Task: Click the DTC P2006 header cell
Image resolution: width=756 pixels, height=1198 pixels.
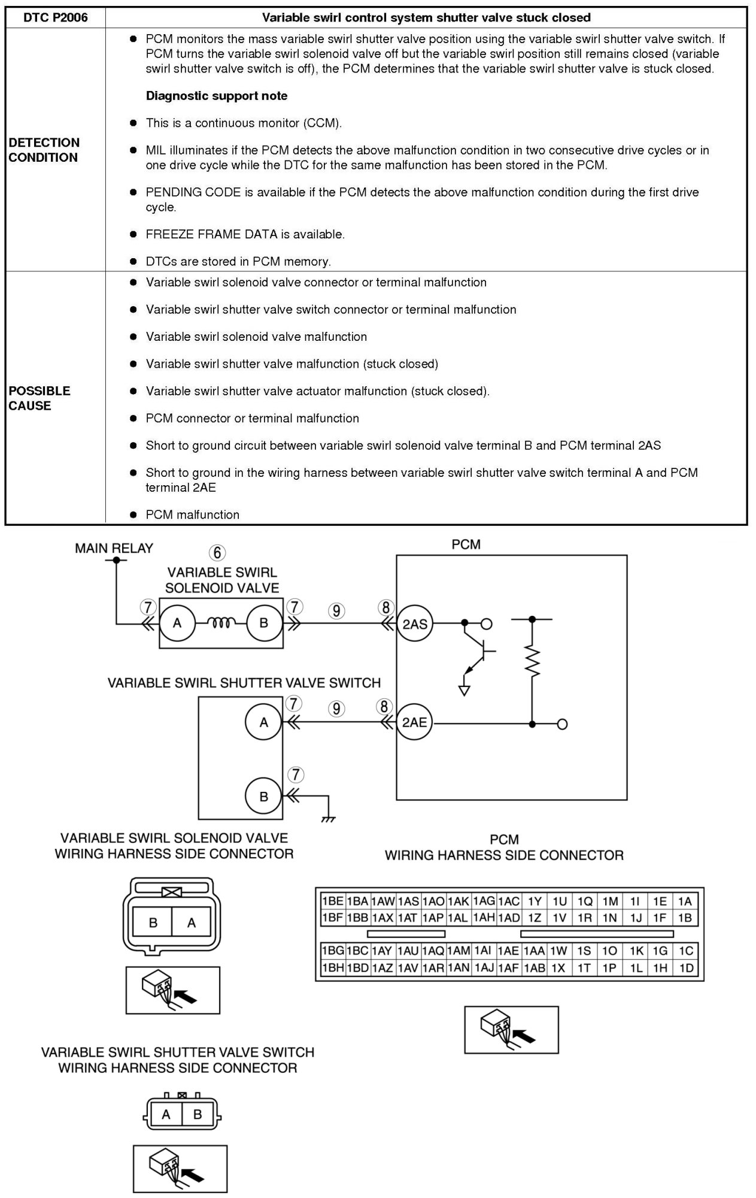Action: click(56, 17)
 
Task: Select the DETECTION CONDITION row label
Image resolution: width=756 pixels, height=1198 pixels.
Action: click(44, 150)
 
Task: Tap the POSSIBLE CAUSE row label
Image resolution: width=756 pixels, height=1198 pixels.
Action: click(40, 398)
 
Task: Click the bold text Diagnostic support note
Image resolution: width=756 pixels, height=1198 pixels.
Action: click(216, 96)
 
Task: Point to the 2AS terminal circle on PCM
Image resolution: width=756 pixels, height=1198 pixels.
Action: click(414, 624)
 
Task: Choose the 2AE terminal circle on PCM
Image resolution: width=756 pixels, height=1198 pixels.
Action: click(414, 722)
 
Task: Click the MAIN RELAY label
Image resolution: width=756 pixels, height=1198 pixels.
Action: click(114, 548)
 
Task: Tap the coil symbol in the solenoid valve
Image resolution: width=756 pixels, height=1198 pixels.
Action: click(220, 624)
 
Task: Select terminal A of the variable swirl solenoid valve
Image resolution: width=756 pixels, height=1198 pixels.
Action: click(177, 624)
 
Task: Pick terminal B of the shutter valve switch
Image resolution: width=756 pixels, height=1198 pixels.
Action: click(263, 797)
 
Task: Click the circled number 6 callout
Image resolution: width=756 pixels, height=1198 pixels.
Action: click(217, 552)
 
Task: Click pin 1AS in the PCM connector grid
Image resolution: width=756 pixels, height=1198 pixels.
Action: click(408, 901)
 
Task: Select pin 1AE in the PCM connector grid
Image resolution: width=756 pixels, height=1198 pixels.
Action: click(509, 951)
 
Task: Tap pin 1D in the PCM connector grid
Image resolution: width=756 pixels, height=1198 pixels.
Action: click(686, 967)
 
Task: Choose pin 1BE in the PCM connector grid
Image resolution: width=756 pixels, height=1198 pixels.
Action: click(332, 901)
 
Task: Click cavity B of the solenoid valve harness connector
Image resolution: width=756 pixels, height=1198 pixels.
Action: click(153, 923)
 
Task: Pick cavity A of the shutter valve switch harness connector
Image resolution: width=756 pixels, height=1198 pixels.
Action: click(166, 1115)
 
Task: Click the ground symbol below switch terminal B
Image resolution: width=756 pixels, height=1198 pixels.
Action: click(328, 818)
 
